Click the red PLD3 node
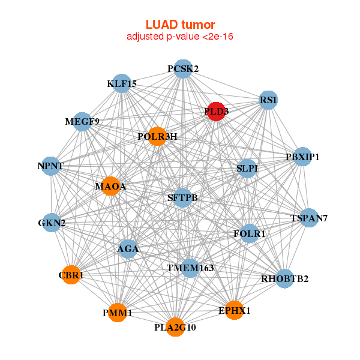point(216,112)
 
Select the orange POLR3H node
point(157,136)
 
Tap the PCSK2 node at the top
point(183,68)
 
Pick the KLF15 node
point(122,84)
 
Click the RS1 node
point(268,100)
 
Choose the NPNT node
point(51,166)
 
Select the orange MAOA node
point(110,186)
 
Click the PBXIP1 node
point(302,157)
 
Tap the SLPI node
point(247,169)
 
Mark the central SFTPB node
point(183,197)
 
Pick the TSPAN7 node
point(309,218)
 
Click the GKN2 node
point(52,223)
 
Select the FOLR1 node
point(250,233)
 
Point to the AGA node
point(128,248)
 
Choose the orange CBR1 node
point(71,275)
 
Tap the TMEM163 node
point(190,268)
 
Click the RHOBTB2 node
point(284,278)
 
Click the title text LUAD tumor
point(180,25)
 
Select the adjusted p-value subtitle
point(180,37)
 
